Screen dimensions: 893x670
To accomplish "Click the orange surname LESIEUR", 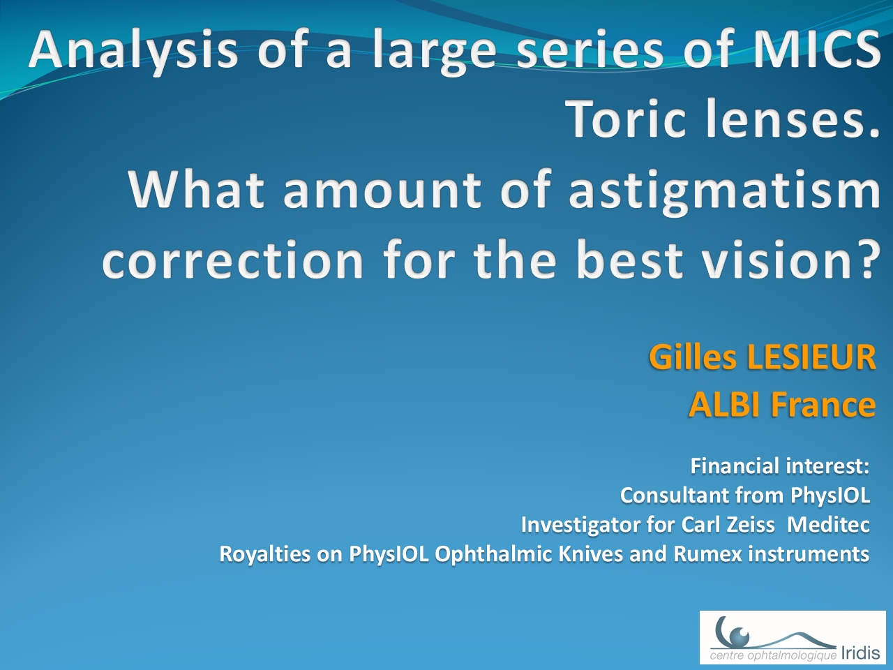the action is tap(811, 357).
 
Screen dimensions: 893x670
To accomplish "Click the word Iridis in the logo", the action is tap(860, 653).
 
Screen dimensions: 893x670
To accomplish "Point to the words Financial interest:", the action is tap(780, 466).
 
